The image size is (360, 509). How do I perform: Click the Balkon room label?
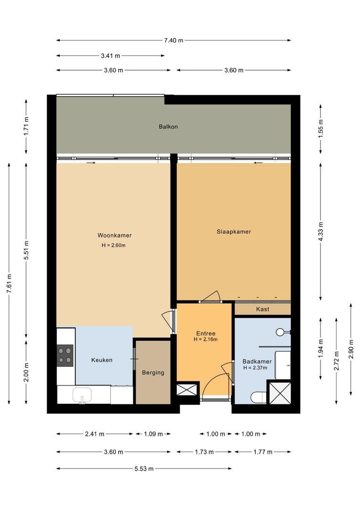pos(168,127)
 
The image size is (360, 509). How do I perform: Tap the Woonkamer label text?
pos(115,235)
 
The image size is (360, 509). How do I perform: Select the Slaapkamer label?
pos(234,231)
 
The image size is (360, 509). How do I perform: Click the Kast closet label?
pos(262,309)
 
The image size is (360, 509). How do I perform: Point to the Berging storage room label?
pos(153,372)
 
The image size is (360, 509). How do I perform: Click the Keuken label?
pos(102,360)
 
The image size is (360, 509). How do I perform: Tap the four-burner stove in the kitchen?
pos(65,356)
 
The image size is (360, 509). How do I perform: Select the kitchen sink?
pos(82,395)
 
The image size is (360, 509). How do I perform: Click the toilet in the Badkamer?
pos(257,397)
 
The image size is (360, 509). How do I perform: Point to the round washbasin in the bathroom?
pos(281,332)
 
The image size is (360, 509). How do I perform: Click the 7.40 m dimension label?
pos(173,41)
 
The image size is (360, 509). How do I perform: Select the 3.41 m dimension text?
pos(110,56)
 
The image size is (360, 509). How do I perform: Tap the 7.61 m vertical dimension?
pos(9,283)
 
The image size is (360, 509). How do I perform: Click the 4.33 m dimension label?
pos(321,231)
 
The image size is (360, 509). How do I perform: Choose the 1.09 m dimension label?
pos(153,434)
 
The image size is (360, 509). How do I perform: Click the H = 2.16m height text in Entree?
pos(205,339)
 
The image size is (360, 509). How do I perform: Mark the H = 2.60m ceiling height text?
pos(114,245)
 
